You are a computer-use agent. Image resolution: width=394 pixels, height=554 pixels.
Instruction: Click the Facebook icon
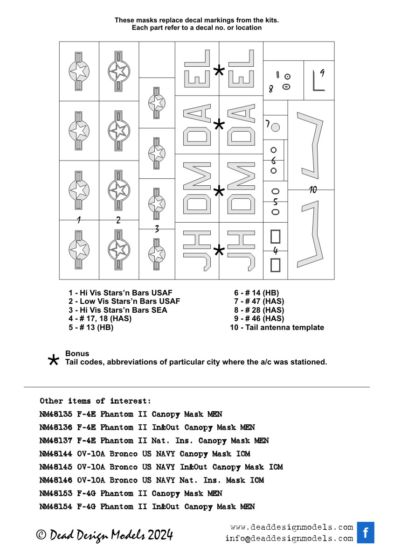point(366,533)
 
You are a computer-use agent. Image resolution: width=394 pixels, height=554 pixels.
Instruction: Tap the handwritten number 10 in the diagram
point(313,189)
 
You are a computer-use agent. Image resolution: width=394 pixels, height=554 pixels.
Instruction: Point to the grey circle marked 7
point(275,127)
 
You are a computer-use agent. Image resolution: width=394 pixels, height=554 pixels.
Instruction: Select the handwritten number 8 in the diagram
point(270,89)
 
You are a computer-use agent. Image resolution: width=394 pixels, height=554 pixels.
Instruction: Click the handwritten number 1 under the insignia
point(78,220)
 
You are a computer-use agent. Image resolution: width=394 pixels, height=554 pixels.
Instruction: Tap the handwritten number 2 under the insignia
point(118,220)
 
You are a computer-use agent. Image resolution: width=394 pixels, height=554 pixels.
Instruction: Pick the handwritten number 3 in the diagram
point(157,229)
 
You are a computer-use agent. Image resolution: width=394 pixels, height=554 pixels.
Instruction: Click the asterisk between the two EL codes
point(219,71)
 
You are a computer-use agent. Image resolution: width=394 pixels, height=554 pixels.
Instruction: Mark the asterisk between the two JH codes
point(218,251)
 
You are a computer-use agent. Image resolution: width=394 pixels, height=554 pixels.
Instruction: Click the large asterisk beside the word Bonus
point(54,360)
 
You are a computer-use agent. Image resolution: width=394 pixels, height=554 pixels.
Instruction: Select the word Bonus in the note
point(77,354)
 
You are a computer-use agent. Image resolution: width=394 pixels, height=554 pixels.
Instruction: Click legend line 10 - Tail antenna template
point(277,328)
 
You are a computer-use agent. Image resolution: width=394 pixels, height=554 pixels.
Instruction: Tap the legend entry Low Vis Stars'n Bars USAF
point(124,302)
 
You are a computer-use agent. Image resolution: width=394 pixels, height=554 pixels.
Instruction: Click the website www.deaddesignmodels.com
point(291,527)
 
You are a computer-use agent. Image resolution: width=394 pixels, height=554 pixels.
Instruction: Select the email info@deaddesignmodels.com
point(289,539)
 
